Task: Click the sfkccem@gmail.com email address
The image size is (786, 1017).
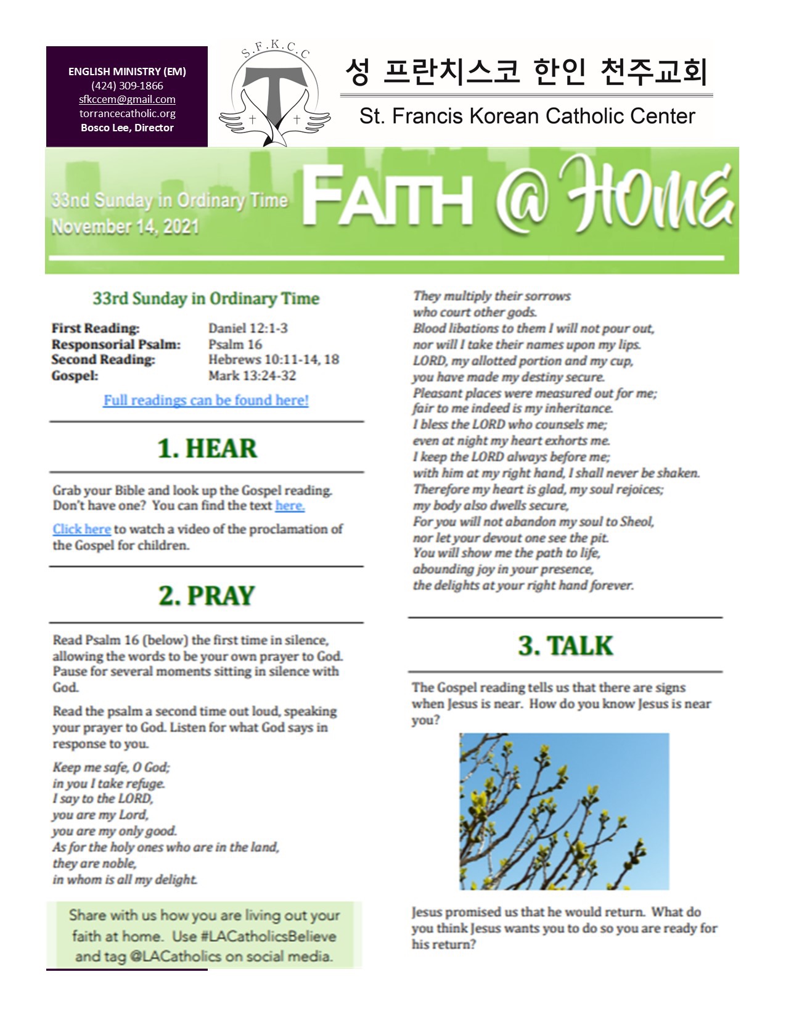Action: pyautogui.click(x=127, y=99)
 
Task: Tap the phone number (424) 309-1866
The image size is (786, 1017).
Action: pyautogui.click(x=127, y=86)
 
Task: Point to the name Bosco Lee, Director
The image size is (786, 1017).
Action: pyautogui.click(x=127, y=128)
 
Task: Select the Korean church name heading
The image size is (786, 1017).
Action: pyautogui.click(x=526, y=71)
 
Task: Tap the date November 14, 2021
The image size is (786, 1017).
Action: pyautogui.click(x=125, y=227)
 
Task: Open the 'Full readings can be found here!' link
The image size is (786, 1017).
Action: pyautogui.click(x=206, y=400)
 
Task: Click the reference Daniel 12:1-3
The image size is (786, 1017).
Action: pyautogui.click(x=248, y=328)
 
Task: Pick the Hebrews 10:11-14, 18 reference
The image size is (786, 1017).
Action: pyautogui.click(x=274, y=359)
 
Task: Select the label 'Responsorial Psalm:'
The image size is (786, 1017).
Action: pyautogui.click(x=116, y=344)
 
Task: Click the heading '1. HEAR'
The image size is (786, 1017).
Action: pyautogui.click(x=207, y=448)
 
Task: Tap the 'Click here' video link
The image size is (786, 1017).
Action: pyautogui.click(x=81, y=529)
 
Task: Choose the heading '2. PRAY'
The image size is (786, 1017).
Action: pyautogui.click(x=207, y=595)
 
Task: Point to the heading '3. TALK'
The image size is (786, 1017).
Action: pyautogui.click(x=565, y=645)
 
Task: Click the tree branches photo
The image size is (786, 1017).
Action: pyautogui.click(x=564, y=811)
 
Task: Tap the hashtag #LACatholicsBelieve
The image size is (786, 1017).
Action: pyautogui.click(x=269, y=936)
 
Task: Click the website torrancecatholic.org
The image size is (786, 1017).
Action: pyautogui.click(x=127, y=113)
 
